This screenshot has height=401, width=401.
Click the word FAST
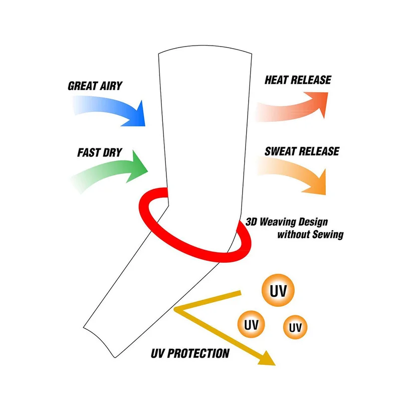[x=89, y=152]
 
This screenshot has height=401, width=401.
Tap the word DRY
[x=113, y=152]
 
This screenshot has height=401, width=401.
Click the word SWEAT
[x=282, y=151]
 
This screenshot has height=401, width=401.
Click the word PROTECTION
[x=201, y=353]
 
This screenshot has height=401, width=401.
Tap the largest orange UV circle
[x=278, y=291]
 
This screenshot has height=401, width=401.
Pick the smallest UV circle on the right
[x=295, y=328]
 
